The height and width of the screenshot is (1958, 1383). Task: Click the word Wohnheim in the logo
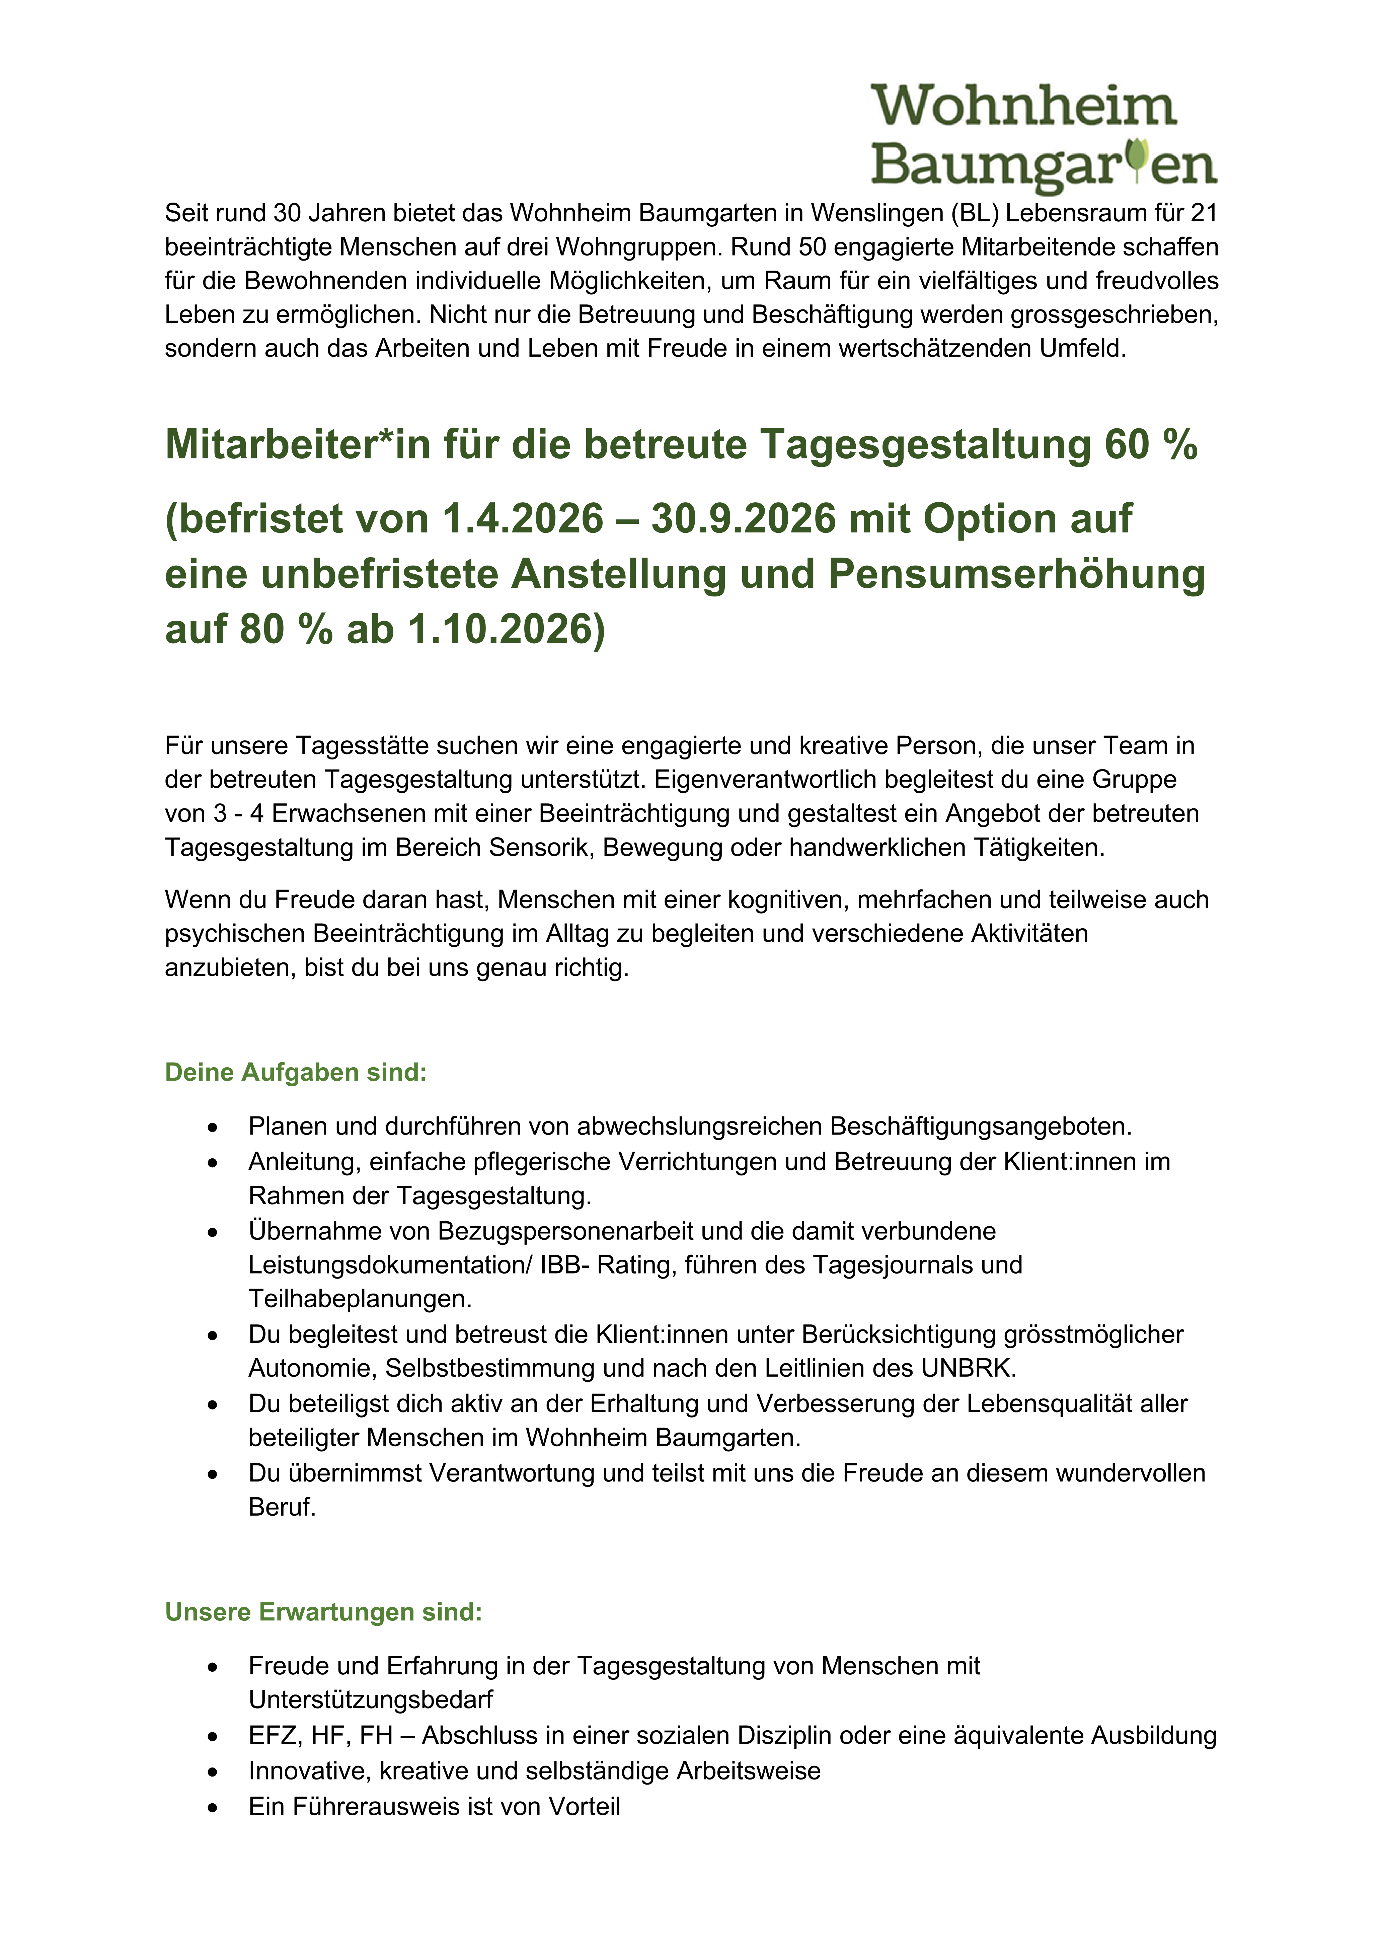click(x=1023, y=106)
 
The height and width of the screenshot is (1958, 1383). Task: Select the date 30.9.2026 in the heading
click(x=744, y=518)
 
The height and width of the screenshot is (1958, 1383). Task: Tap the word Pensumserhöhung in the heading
click(x=1016, y=574)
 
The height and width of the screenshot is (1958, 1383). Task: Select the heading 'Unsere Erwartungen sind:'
click(x=323, y=1612)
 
